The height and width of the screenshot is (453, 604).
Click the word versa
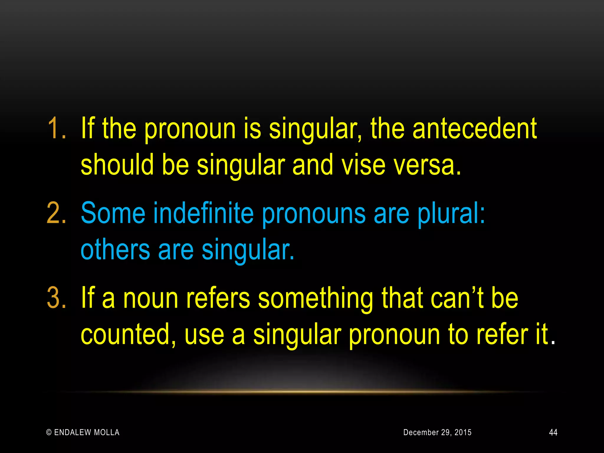click(427, 165)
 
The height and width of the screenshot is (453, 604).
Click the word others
click(115, 250)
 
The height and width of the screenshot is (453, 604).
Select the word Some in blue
click(113, 213)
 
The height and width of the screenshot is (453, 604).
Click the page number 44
click(553, 432)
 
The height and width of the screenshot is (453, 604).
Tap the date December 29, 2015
click(437, 432)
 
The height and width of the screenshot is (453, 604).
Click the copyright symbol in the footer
click(49, 433)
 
